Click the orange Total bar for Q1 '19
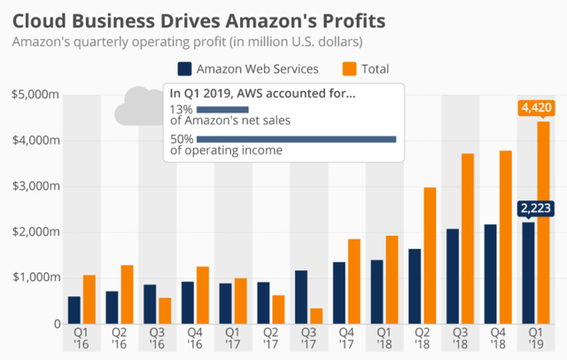543,222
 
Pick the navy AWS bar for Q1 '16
74,309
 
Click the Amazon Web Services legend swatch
185,69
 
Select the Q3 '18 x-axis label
460,340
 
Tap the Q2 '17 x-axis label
269,340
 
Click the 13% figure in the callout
180,109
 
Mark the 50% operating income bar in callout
296,138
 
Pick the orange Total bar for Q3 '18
468,239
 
